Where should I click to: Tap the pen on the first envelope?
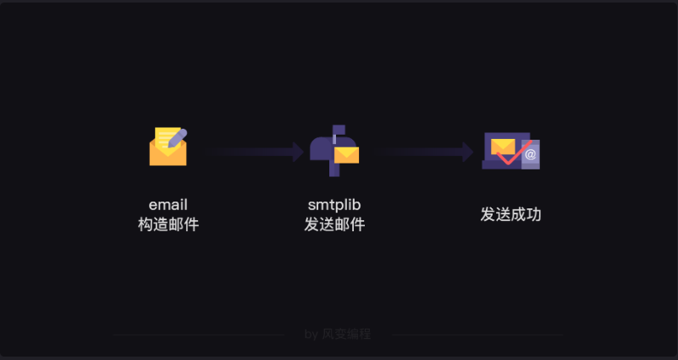pos(177,139)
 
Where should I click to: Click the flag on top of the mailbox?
pos(338,130)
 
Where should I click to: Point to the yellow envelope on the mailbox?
pos(346,155)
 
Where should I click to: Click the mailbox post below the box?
pos(334,169)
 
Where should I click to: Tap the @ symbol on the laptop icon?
pos(531,155)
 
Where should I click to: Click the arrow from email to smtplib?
pos(254,152)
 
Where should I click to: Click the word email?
pos(168,205)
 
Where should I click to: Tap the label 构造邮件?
pos(168,225)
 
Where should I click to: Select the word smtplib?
pos(334,205)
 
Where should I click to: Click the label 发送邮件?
pos(334,225)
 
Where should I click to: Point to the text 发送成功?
pos(510,215)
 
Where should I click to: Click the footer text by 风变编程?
pos(338,335)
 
